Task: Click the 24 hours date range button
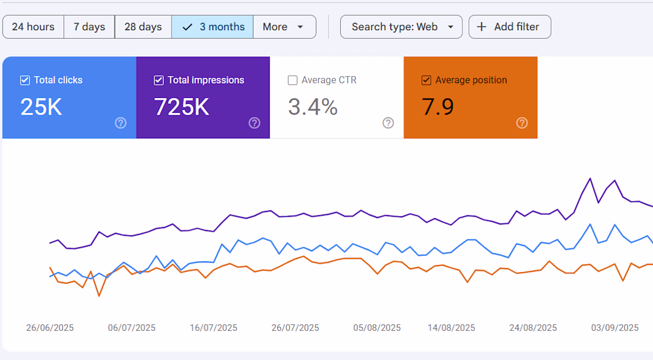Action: tap(33, 27)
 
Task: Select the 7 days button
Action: tap(89, 27)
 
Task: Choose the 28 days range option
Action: tap(143, 27)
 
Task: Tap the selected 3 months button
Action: tap(213, 27)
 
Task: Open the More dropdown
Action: tap(284, 27)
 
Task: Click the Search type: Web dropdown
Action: tap(401, 27)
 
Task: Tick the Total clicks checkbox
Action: tap(25, 80)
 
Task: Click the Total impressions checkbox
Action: tap(159, 80)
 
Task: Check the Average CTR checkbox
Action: tap(293, 80)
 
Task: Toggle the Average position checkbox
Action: tap(426, 80)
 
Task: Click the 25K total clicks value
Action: tap(41, 107)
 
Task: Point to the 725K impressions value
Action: tap(182, 107)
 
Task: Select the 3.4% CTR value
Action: tap(313, 107)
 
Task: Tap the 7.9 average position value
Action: tap(438, 107)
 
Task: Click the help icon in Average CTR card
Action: tap(388, 123)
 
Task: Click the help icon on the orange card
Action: tap(522, 123)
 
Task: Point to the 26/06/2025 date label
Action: tap(50, 328)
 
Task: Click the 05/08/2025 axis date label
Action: tap(377, 328)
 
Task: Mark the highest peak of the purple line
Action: tap(590, 179)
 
